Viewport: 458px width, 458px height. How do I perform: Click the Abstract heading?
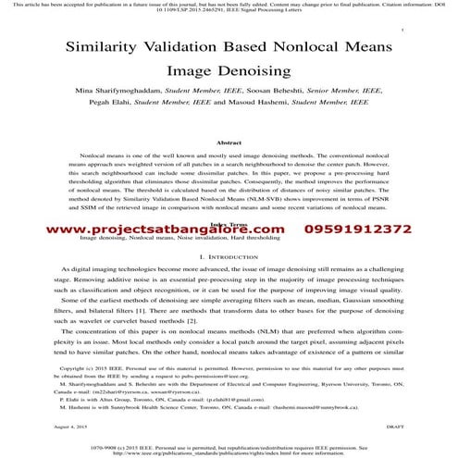coord(228,143)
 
